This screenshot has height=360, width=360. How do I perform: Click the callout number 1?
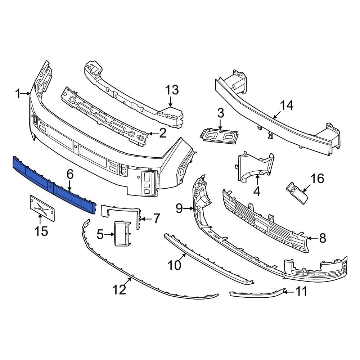tap(18, 94)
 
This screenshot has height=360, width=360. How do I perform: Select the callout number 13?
tap(172, 90)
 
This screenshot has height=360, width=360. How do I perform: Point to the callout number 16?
tap(317, 178)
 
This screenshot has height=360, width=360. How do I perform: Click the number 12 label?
tap(120, 289)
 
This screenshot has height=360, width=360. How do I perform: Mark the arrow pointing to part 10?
tap(184, 257)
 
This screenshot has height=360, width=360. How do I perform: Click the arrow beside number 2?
tap(152, 134)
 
